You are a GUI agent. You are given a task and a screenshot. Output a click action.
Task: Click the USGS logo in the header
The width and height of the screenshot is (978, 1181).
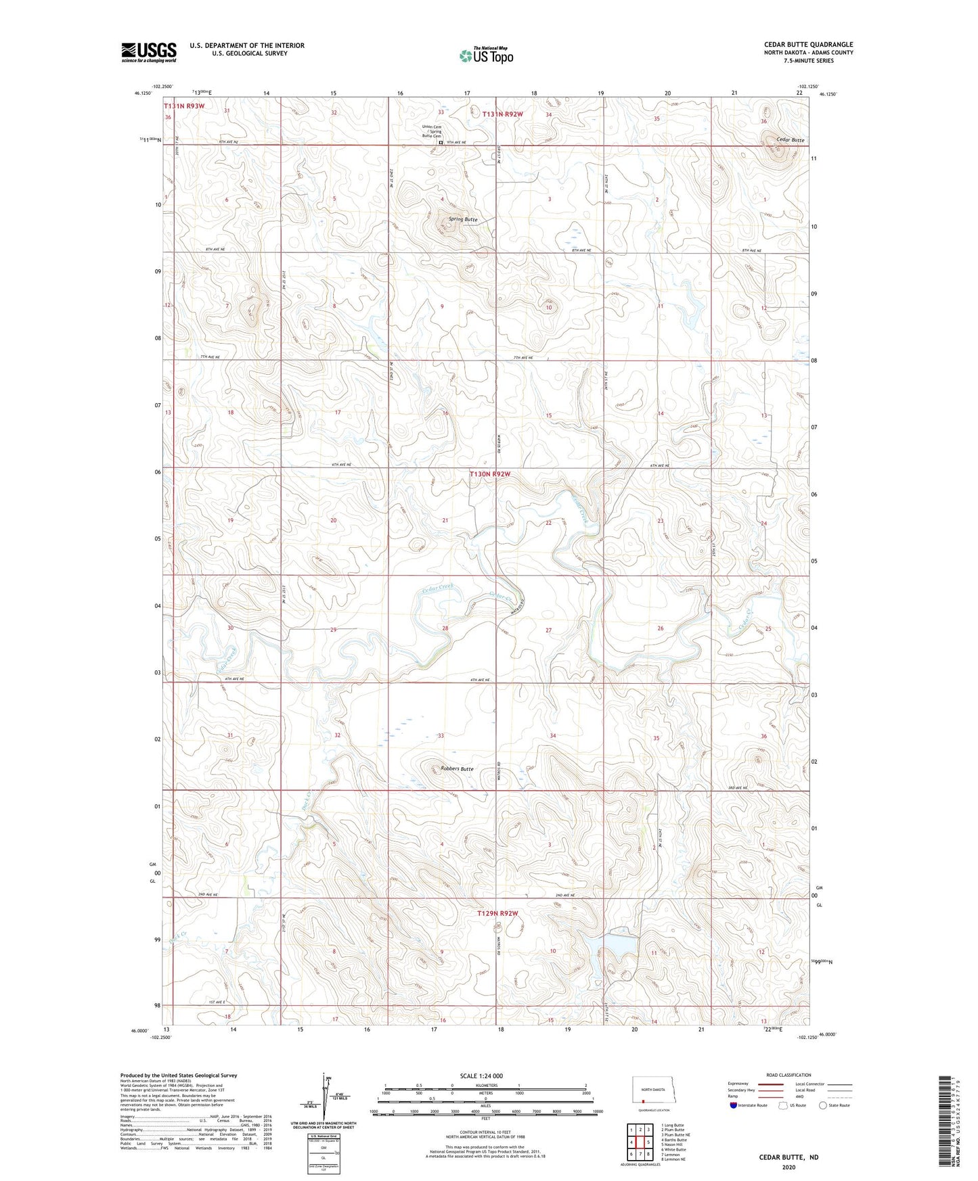[x=148, y=52]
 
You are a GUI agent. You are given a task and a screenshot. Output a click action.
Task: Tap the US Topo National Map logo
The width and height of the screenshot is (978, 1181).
[x=486, y=55]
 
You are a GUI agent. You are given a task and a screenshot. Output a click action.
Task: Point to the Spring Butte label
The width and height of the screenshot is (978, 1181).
[x=463, y=219]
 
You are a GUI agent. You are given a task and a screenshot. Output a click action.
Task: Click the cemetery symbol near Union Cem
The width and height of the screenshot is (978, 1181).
[x=441, y=143]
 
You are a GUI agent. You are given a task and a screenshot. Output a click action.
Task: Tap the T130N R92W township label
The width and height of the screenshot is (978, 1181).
[x=489, y=474]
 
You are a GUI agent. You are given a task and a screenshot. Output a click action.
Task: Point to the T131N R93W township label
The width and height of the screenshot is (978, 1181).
[x=183, y=106]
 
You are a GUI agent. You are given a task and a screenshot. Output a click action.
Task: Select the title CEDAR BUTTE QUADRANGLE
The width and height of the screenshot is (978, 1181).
[x=808, y=45]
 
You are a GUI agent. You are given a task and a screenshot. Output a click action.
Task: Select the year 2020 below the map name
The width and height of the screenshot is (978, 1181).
[x=788, y=1167]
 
